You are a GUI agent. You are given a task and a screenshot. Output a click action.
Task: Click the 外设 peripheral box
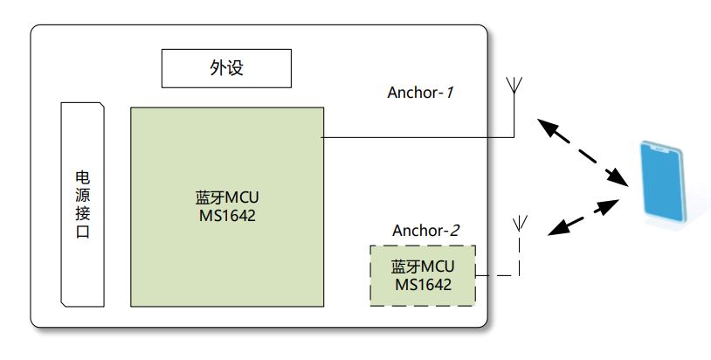click(x=226, y=68)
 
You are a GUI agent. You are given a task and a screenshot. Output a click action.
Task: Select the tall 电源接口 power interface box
click(x=83, y=204)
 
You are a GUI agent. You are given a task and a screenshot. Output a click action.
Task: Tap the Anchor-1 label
click(x=422, y=93)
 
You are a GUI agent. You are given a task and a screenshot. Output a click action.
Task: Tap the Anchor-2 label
click(x=425, y=231)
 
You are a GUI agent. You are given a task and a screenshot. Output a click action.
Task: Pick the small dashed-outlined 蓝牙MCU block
click(x=423, y=275)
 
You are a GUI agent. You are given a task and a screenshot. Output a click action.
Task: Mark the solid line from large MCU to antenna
click(x=419, y=137)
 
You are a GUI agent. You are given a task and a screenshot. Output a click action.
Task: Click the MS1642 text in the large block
click(x=227, y=216)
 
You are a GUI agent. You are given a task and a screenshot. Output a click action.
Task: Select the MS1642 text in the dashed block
click(x=423, y=285)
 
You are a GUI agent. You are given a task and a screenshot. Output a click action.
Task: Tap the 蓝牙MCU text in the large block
click(x=227, y=197)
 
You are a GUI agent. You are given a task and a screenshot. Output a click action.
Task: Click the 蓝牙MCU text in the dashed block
click(x=423, y=266)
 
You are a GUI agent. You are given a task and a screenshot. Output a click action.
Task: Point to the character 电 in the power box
click(x=83, y=175)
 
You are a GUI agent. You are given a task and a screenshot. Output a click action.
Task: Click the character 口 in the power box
click(x=83, y=233)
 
